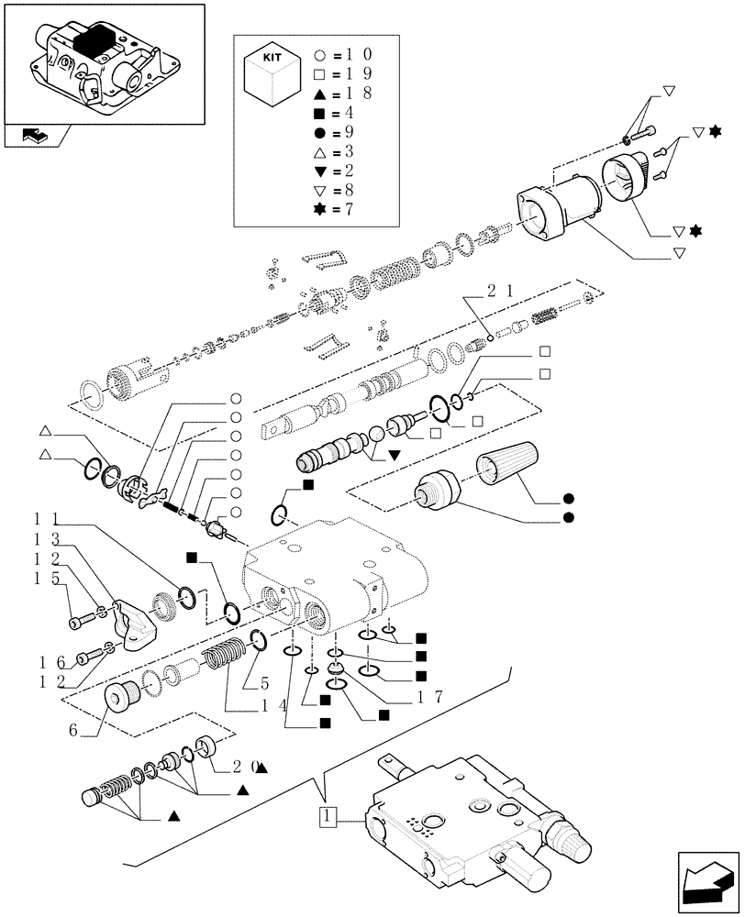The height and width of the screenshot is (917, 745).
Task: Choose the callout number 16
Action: tap(49, 662)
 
